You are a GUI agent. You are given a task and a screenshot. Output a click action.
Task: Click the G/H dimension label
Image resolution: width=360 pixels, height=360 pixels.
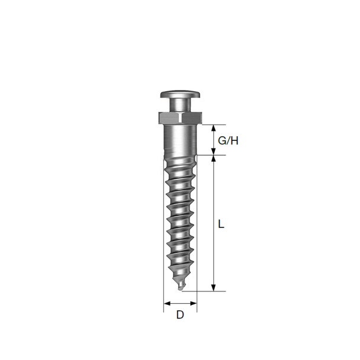(228, 141)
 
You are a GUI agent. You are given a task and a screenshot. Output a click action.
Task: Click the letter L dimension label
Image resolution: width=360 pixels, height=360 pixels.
(221, 224)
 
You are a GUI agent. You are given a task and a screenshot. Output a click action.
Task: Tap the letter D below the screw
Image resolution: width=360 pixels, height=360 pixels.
(180, 315)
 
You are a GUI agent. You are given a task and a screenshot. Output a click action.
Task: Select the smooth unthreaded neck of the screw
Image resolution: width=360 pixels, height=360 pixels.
(180, 139)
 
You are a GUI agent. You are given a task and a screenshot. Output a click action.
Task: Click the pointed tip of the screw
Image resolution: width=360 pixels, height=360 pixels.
(182, 288)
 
